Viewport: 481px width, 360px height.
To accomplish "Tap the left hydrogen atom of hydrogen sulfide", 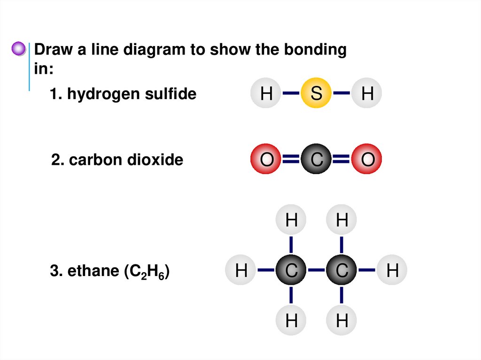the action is (x=266, y=94).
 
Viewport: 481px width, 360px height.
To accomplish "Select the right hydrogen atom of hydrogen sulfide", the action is (x=367, y=94).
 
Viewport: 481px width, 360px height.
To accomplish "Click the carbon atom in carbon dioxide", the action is (x=316, y=161).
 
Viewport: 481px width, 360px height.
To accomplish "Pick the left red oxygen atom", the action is (x=266, y=161).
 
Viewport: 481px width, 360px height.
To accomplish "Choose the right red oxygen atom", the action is (x=367, y=161).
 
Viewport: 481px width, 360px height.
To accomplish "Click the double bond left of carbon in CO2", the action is (x=291, y=161).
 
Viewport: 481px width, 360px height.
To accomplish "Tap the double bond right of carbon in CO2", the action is (x=341, y=161).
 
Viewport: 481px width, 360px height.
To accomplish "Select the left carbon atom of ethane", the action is (x=291, y=270).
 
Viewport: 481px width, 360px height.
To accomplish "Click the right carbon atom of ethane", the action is (x=342, y=270).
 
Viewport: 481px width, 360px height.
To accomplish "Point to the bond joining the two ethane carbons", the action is (x=317, y=270).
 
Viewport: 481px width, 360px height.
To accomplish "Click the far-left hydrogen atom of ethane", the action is (x=241, y=270).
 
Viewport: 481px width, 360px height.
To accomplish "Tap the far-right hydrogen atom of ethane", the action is (x=392, y=270).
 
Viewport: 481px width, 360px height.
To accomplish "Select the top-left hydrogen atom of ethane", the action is (x=291, y=220).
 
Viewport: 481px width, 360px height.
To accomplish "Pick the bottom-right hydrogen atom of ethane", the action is (x=342, y=321).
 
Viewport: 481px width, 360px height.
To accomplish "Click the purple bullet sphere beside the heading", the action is (x=18, y=48).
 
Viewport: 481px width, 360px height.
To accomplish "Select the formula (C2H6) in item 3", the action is (x=146, y=272).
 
